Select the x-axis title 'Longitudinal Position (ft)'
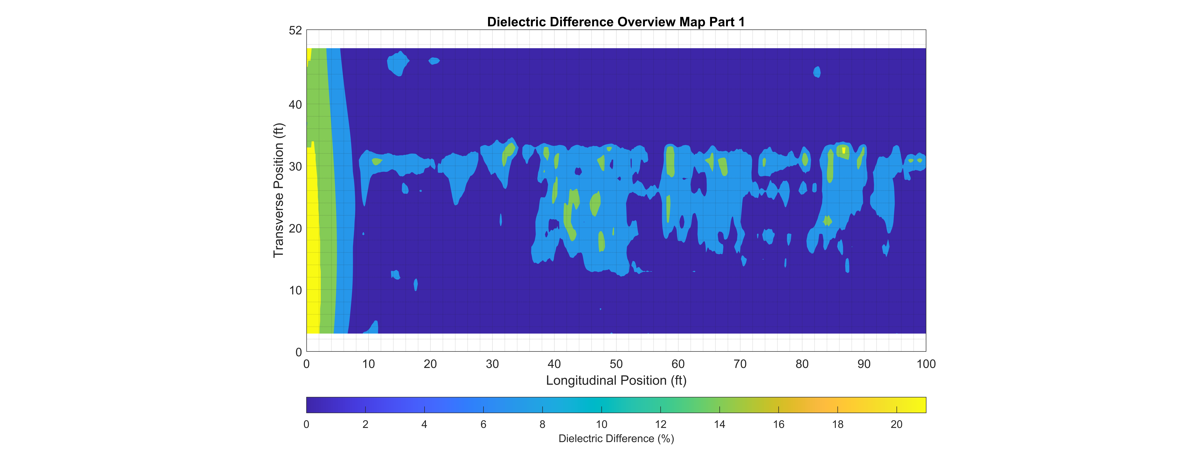616,380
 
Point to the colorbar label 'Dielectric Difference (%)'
616,439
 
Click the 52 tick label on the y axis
295,30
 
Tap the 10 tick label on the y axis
295,290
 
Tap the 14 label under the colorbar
719,424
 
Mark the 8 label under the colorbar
542,424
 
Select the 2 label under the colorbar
365,424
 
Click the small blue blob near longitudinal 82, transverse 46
817,72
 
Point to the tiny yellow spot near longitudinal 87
844,150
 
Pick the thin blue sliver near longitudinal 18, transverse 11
416,285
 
